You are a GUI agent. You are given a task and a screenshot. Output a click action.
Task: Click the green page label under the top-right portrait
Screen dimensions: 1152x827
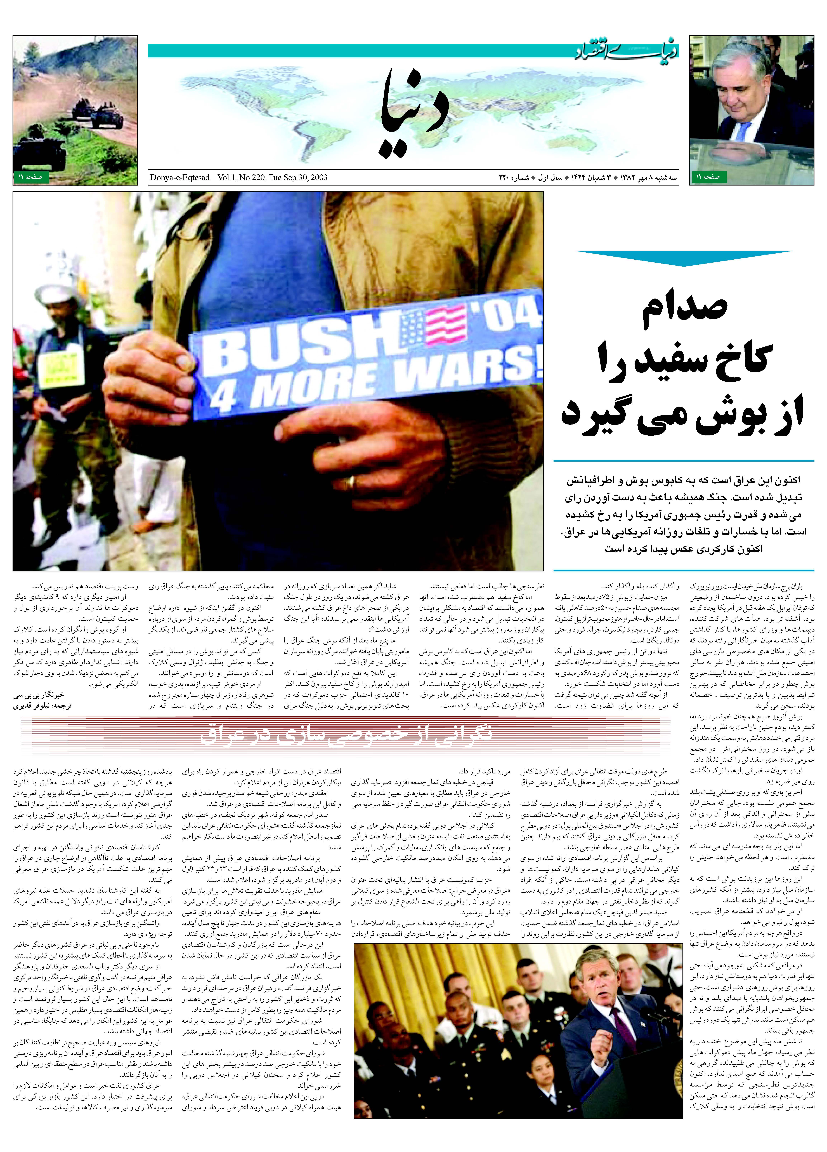point(708,177)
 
